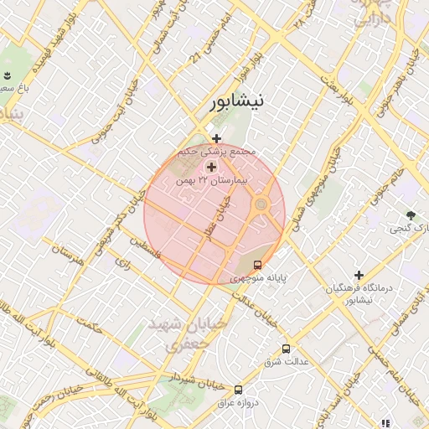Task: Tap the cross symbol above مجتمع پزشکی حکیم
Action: (x=216, y=138)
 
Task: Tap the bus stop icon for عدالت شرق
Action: (x=286, y=348)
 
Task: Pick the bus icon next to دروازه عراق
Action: (x=239, y=390)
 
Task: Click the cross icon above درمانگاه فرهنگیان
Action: (x=359, y=275)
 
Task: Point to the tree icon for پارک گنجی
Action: (x=411, y=215)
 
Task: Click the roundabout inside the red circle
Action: (x=261, y=204)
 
